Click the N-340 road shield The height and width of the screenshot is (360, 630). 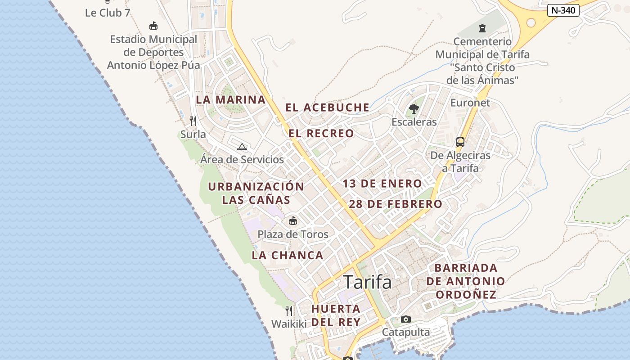[563, 10]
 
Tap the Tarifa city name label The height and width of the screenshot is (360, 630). [368, 282]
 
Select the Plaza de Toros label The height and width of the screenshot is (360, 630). [293, 234]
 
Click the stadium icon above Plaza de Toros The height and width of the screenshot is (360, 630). [293, 220]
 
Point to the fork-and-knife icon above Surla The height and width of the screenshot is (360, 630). [193, 121]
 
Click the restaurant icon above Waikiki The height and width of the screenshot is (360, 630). [289, 310]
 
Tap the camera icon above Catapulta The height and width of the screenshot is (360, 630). [406, 319]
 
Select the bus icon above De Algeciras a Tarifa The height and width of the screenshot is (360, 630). [460, 142]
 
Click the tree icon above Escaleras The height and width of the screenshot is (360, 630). [414, 108]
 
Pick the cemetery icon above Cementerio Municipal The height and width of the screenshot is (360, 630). [482, 28]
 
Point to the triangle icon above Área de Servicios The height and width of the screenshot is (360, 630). [242, 147]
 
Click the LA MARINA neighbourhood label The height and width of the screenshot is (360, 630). [231, 100]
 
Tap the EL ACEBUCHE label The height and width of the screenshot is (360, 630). [328, 108]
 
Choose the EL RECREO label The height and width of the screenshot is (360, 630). [321, 134]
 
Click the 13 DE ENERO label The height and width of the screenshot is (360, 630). [382, 184]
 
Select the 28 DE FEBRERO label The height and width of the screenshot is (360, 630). [396, 204]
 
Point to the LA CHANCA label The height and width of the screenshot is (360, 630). [288, 256]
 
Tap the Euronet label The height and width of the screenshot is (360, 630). [470, 103]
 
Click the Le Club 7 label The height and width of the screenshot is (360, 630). [108, 13]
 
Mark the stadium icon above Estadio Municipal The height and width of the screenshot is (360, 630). [153, 26]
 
